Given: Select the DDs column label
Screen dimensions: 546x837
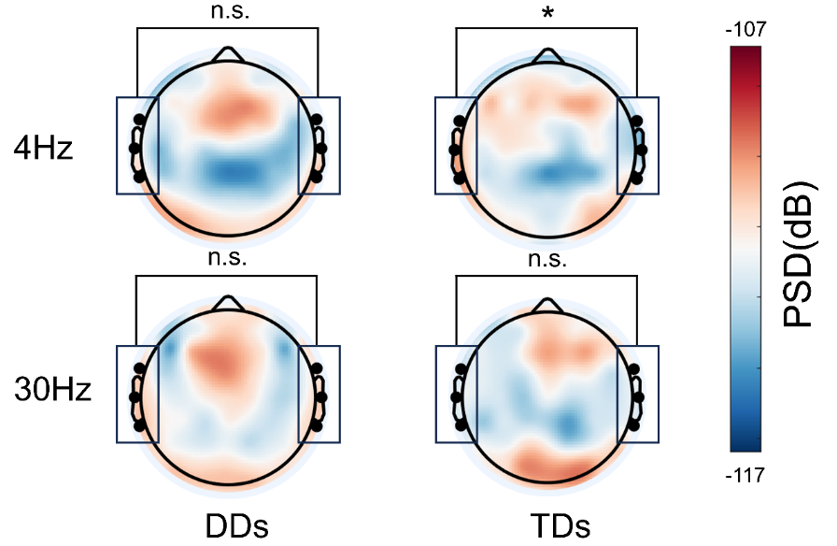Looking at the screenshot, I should tap(237, 525).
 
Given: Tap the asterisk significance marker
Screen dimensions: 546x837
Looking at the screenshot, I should tap(546, 12).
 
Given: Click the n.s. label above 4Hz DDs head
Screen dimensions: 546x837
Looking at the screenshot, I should tap(227, 10).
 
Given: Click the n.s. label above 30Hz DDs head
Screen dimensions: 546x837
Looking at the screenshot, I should tap(227, 259).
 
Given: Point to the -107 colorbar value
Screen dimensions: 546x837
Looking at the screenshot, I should tap(745, 29).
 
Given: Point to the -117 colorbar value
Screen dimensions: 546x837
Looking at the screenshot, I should tap(745, 475).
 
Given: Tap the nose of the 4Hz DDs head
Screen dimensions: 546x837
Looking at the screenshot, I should tap(227, 54).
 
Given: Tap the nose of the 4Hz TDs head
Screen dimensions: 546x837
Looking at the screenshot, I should tap(546, 54).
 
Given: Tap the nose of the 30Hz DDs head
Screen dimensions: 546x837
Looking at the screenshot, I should tap(227, 302).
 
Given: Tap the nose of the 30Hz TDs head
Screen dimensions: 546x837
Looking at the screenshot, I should tap(546, 302).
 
